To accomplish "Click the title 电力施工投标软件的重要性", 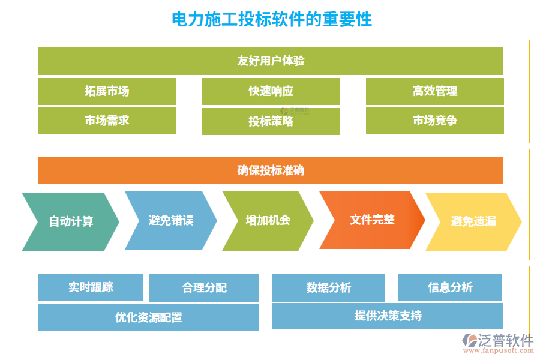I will coord(272,19).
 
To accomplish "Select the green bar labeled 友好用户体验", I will coord(271,61).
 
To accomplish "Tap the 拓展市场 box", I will coord(107,91).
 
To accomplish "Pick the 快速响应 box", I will coord(271,91).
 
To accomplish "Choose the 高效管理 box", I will coord(435,91).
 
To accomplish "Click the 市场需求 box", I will coord(107,121).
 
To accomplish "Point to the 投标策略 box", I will coord(271,121).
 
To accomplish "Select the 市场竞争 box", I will coord(435,121).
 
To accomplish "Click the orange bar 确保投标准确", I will coord(271,170).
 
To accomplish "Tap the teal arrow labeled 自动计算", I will coord(71,221).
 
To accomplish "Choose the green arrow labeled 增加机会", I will coord(268,220).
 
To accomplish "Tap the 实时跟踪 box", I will coord(91,287).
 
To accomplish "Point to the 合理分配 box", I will coord(204,288).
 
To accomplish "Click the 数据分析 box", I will coord(328,288).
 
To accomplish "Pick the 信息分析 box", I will coord(450,287).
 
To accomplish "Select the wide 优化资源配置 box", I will coord(148,317).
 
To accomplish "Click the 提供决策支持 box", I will coord(388,316).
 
